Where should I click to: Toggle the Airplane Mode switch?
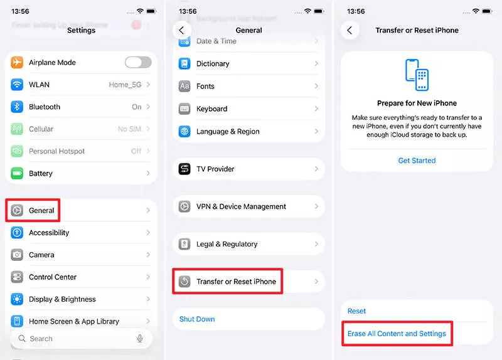pos(137,62)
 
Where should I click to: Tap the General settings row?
pos(41,211)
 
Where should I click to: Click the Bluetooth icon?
pos(17,107)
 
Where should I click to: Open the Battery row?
pos(41,174)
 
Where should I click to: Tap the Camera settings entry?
pos(41,255)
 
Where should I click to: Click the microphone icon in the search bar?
pos(140,339)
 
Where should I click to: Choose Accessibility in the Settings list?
pos(49,233)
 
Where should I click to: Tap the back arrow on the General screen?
pos(182,30)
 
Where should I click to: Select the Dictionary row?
pos(213,64)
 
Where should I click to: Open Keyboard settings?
pos(211,109)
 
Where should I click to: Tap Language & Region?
pos(228,132)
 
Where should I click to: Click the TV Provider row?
pos(215,169)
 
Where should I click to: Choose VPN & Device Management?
pos(241,207)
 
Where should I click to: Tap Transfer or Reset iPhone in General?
pos(236,282)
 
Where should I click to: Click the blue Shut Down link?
pos(197,319)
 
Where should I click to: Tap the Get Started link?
pos(417,161)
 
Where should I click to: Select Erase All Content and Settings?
pos(397,334)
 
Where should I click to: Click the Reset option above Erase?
pos(357,311)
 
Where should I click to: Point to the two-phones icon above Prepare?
pos(417,75)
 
